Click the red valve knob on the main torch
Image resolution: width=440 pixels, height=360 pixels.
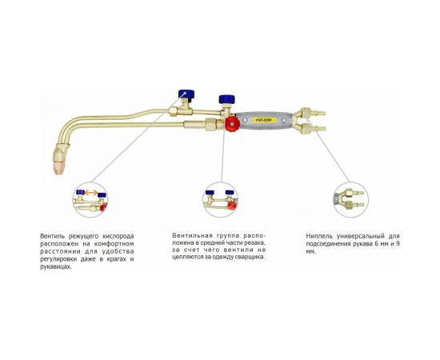tap(233, 124)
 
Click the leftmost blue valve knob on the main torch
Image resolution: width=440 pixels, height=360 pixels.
tap(186, 94)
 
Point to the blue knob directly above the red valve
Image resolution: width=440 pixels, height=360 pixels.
tap(227, 99)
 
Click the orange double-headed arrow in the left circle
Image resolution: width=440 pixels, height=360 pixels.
tap(91, 193)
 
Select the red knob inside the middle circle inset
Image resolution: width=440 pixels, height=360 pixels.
tap(232, 206)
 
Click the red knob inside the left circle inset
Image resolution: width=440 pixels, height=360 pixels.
tap(104, 207)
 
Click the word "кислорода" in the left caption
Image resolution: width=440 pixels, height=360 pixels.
tap(118, 236)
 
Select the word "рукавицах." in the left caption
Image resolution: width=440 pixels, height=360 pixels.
tap(56, 267)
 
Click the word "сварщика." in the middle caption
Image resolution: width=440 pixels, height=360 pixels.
tap(251, 257)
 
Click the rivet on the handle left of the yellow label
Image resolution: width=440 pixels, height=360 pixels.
tap(245, 120)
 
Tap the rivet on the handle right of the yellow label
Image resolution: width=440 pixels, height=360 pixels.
tap(284, 120)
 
